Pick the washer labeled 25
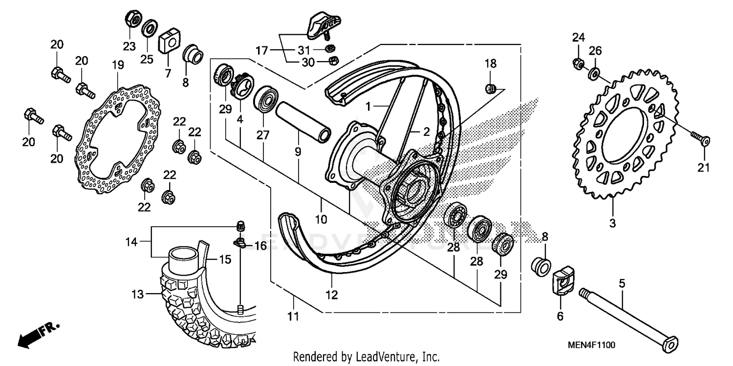[149, 28]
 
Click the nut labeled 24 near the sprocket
[577, 63]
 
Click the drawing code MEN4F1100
[591, 345]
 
